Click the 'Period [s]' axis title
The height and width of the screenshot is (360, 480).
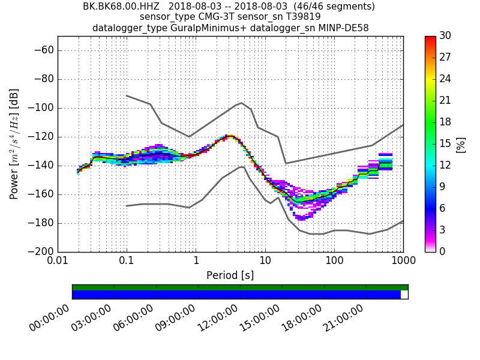[230, 275]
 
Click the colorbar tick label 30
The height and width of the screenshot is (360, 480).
[445, 36]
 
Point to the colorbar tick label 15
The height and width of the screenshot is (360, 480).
[445, 144]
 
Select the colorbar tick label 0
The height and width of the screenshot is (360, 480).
[442, 251]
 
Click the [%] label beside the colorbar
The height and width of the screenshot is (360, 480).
[461, 144]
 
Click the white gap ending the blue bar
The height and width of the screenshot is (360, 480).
[404, 295]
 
